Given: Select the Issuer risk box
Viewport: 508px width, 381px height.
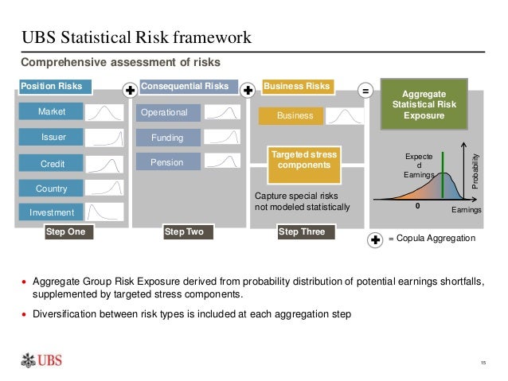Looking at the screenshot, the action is click(53, 138).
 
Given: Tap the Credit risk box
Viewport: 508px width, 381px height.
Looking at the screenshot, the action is click(52, 163).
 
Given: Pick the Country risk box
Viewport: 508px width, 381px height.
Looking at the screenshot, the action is click(52, 189).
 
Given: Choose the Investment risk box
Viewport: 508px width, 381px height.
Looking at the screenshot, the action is click(52, 212).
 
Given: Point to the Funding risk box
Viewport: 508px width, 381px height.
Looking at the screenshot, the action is click(167, 138).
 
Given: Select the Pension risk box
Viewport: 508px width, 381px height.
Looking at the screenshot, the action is click(167, 162).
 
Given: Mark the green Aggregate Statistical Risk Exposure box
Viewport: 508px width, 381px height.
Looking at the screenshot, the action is click(424, 104).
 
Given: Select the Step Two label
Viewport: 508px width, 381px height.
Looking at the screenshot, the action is click(184, 232).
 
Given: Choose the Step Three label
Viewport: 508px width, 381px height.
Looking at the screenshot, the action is click(305, 232).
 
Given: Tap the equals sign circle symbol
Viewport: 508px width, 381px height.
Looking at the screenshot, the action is click(365, 91).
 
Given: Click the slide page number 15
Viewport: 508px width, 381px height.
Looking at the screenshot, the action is click(483, 364).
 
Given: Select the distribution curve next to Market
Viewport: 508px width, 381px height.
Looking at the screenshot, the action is click(104, 113).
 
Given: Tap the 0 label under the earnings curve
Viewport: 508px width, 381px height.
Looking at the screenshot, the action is click(416, 204).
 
